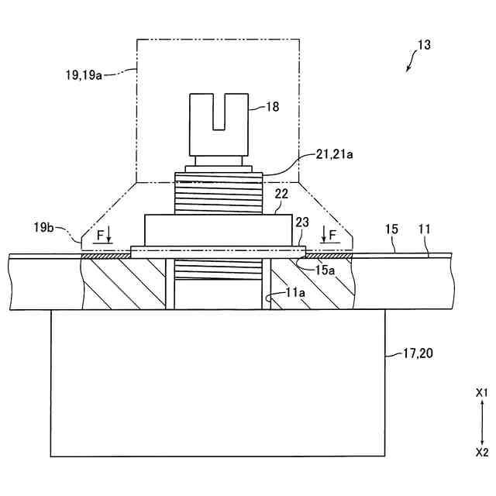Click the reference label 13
pyautogui.click(x=424, y=46)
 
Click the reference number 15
pyautogui.click(x=391, y=229)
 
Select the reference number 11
pyautogui.click(x=424, y=229)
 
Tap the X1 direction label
pyautogui.click(x=481, y=394)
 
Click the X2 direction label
pyautogui.click(x=481, y=451)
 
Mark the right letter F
pyautogui.click(x=333, y=233)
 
